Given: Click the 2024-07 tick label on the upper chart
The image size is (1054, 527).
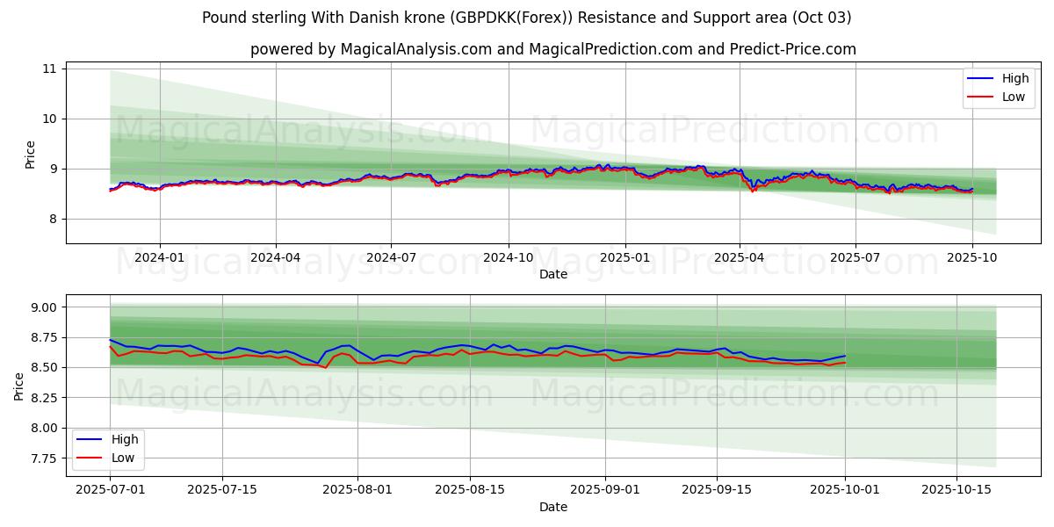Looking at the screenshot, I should coord(391,257).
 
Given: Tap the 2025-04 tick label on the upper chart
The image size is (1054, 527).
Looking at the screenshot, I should coord(740,257).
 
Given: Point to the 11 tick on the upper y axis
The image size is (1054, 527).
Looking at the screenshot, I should coord(49,69).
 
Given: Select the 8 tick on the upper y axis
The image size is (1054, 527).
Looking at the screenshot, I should coord(52,219).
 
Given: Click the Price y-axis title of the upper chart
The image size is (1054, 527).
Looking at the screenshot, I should coord(30,154).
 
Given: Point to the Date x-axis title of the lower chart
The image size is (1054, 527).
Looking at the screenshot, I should coord(553,507).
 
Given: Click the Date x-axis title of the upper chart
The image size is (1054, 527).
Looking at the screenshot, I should coord(553,274).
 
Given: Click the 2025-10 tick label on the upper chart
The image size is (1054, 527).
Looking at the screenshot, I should coord(971,257).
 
